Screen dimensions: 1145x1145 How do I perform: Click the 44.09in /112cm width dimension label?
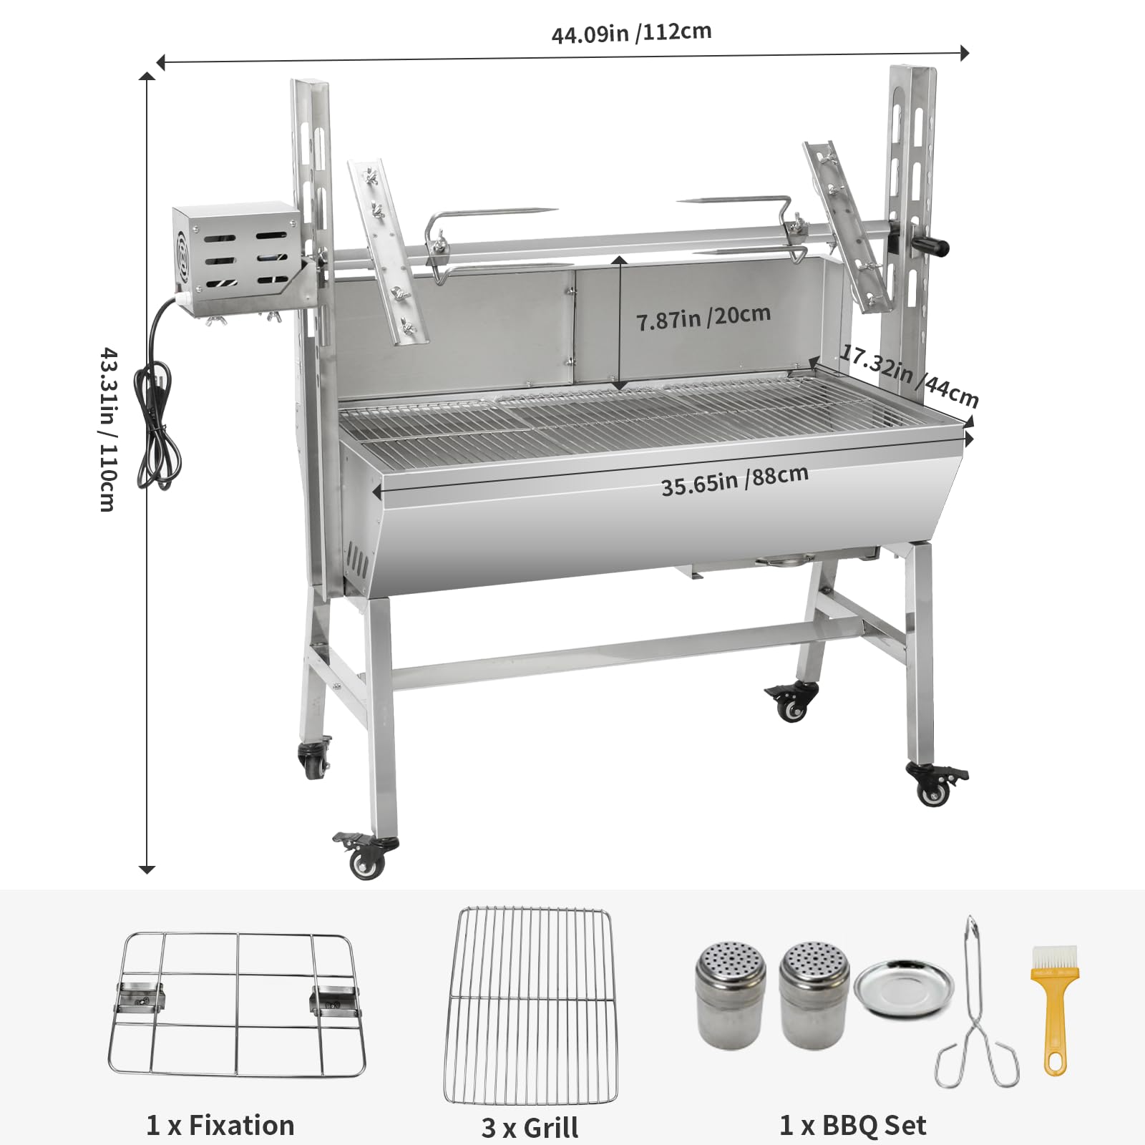pyautogui.click(x=631, y=33)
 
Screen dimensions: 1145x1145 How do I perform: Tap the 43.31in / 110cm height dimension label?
pyautogui.click(x=108, y=429)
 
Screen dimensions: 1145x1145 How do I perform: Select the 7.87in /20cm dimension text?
pyautogui.click(x=703, y=318)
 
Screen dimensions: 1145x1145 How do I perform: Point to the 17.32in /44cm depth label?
pyautogui.click(x=909, y=376)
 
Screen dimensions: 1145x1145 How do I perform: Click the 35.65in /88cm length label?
pyautogui.click(x=734, y=480)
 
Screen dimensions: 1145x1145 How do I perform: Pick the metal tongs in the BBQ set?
pyautogui.click(x=976, y=1009)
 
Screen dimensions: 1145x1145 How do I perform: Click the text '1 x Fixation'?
pyautogui.click(x=220, y=1126)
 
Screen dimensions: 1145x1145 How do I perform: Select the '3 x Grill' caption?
pyautogui.click(x=530, y=1128)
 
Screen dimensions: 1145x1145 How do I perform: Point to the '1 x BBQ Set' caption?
pyautogui.click(x=852, y=1126)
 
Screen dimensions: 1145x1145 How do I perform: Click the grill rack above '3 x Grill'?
pyautogui.click(x=530, y=1005)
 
